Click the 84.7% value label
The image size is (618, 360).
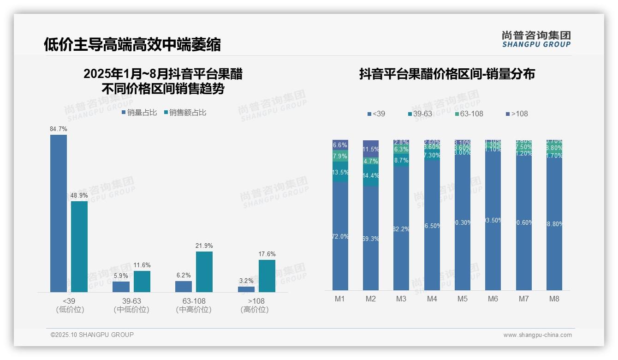click(x=59, y=129)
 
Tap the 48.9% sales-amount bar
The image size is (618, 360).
click(x=79, y=246)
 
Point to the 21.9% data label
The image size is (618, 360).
click(x=204, y=246)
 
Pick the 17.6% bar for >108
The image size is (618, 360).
click(x=267, y=276)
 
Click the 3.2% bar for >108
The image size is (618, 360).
click(x=246, y=289)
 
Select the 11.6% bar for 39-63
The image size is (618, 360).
click(x=142, y=282)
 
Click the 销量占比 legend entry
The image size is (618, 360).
click(x=139, y=113)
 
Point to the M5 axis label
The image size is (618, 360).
click(x=462, y=299)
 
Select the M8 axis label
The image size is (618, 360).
click(x=554, y=299)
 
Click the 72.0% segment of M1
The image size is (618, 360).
click(x=340, y=236)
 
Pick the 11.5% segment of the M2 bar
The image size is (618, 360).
click(x=371, y=149)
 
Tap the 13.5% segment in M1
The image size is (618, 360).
click(x=340, y=172)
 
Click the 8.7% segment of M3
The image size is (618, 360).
click(x=401, y=161)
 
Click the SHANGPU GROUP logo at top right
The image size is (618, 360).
click(x=536, y=39)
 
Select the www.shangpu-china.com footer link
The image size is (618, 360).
click(x=537, y=335)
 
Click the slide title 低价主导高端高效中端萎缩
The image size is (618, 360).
click(x=132, y=44)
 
